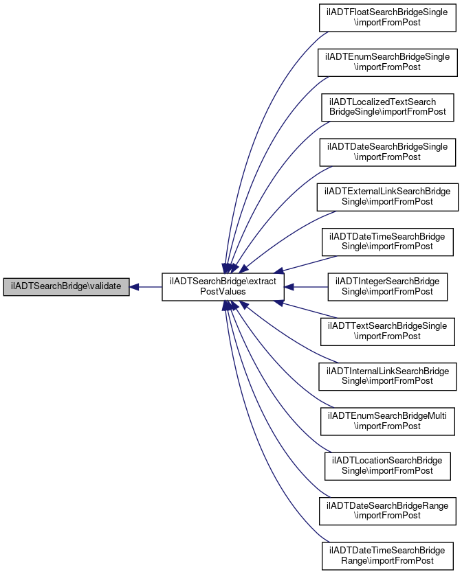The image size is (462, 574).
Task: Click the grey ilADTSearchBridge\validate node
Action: (x=67, y=287)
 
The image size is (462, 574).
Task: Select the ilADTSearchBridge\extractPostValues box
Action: (x=223, y=287)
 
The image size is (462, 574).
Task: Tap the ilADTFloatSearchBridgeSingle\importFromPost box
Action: (x=387, y=18)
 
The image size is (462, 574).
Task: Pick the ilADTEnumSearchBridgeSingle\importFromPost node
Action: (x=387, y=62)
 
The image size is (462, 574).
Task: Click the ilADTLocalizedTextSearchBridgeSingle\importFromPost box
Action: (x=387, y=108)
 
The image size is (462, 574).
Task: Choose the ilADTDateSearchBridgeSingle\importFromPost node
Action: (x=387, y=152)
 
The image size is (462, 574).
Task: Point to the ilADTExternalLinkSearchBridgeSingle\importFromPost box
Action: (x=387, y=197)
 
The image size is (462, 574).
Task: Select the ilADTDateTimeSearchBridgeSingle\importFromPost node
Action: (x=387, y=242)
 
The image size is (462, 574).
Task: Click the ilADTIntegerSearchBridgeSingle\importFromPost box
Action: (x=387, y=287)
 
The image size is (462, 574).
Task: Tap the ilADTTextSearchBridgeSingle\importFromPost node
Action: (x=387, y=332)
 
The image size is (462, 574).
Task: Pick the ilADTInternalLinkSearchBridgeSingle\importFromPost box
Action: (x=387, y=376)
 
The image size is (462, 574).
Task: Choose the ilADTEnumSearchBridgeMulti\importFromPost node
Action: (x=387, y=422)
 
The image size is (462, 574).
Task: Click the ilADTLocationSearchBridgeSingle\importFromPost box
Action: (x=387, y=466)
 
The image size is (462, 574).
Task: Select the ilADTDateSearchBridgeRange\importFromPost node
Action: (x=387, y=511)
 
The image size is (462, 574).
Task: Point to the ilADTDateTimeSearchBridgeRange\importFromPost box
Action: (x=387, y=555)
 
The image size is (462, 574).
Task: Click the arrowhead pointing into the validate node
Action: (x=134, y=287)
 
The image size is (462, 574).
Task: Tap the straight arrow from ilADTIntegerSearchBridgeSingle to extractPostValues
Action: (x=306, y=287)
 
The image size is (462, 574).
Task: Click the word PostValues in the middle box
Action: (x=223, y=292)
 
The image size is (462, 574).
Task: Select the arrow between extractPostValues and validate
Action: (x=146, y=287)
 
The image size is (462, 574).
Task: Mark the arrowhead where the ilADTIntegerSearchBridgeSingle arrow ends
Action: (x=289, y=287)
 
